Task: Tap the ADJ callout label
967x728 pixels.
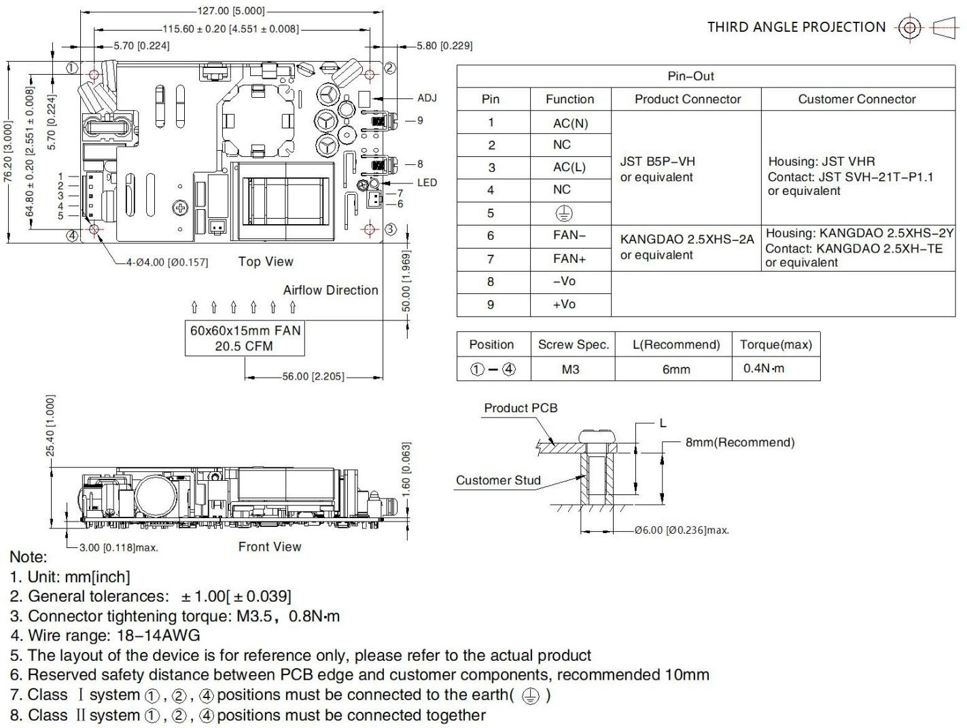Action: click(x=427, y=98)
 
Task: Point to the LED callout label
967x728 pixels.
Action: click(x=427, y=182)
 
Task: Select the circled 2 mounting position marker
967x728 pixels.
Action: click(x=390, y=67)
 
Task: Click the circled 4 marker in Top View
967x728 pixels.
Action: click(x=71, y=236)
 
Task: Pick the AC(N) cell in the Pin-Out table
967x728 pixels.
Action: click(x=570, y=123)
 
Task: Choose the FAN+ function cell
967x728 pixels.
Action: click(x=569, y=259)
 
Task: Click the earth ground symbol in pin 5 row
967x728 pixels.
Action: click(x=564, y=213)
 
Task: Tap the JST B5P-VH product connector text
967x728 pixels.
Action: click(x=656, y=162)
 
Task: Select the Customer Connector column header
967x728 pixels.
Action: click(x=857, y=99)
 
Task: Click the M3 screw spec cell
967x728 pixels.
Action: click(x=571, y=369)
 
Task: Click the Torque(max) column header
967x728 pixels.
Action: click(x=775, y=344)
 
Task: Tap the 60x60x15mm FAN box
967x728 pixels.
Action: click(x=245, y=338)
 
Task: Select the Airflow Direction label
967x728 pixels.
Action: click(x=330, y=290)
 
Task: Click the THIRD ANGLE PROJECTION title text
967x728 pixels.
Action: click(x=796, y=27)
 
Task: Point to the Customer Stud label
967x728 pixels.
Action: click(x=498, y=480)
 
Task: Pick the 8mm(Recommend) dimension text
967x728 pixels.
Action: click(x=739, y=442)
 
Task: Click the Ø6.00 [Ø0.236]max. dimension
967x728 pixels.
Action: click(x=682, y=530)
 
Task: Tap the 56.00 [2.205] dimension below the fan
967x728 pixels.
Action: click(x=313, y=376)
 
